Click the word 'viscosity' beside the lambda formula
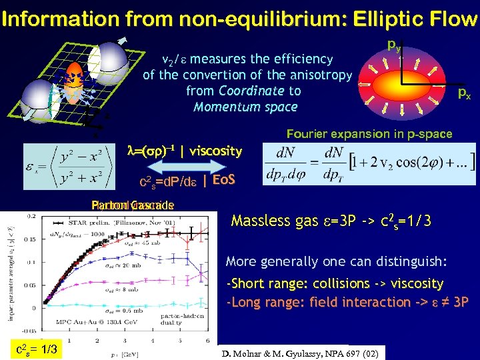215,151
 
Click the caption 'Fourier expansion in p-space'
369,134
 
